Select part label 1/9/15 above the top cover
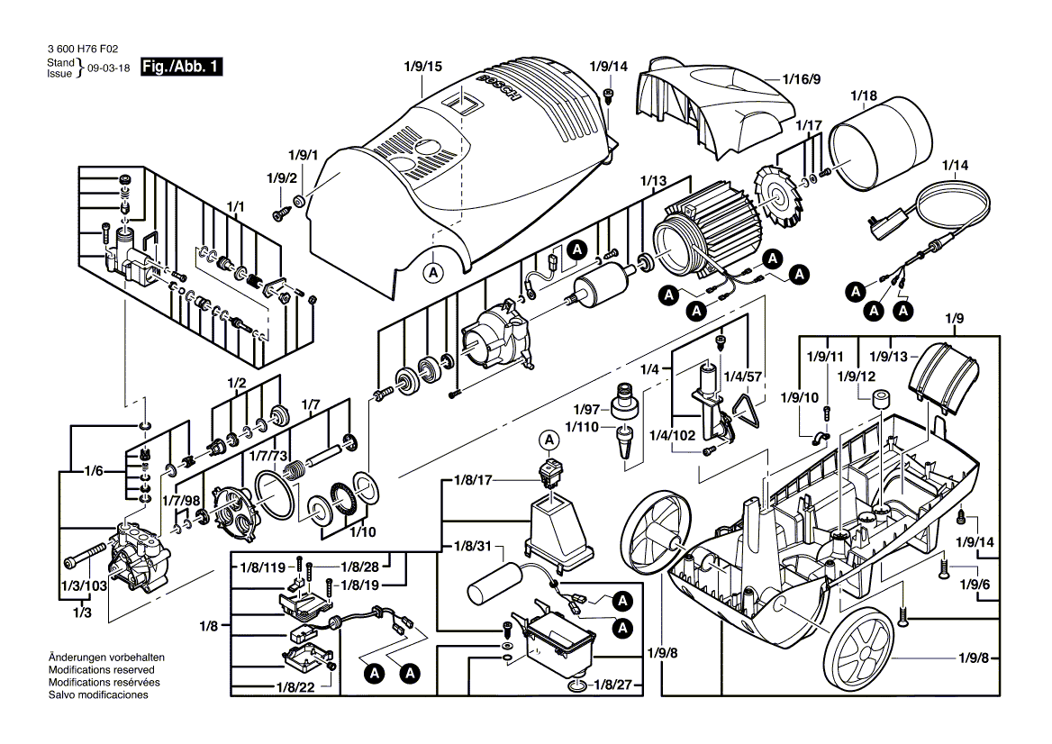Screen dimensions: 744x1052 click(x=422, y=67)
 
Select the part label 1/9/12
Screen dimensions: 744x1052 click(x=857, y=376)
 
